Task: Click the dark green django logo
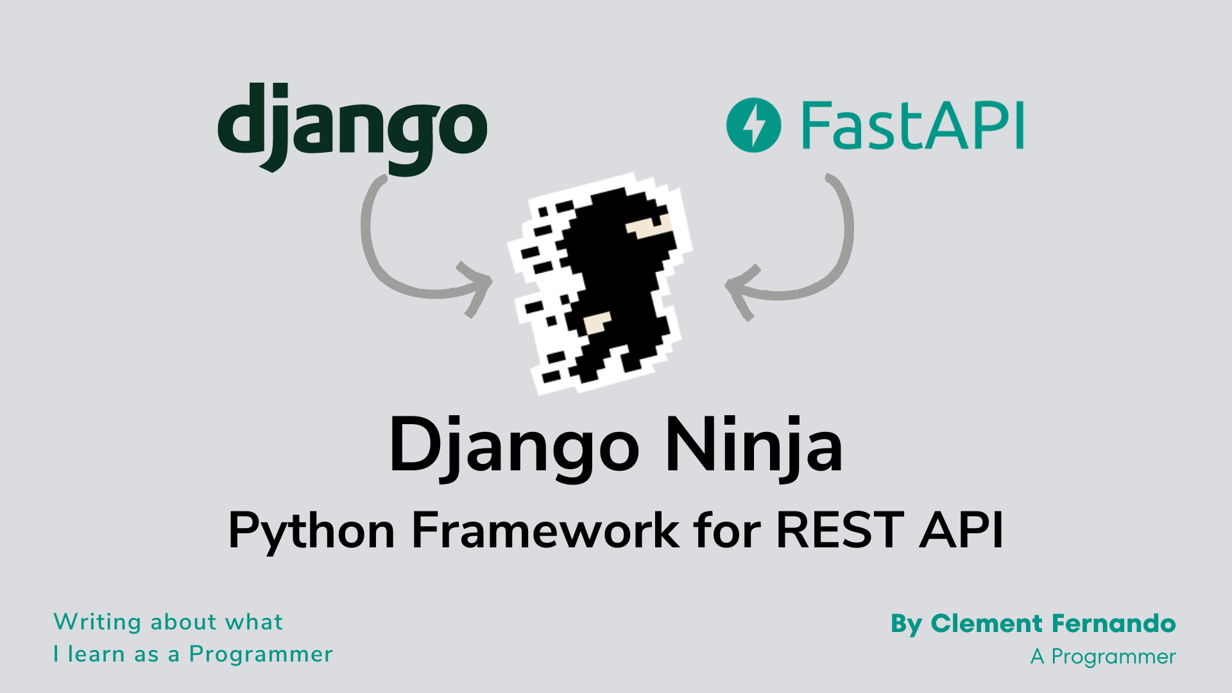pyautogui.click(x=352, y=128)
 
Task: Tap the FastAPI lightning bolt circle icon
pyautogui.click(x=753, y=125)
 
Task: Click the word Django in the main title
pyautogui.click(x=514, y=447)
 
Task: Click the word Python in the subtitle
pyautogui.click(x=311, y=531)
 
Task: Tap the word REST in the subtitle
pyautogui.click(x=841, y=530)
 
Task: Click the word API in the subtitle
pyautogui.click(x=961, y=530)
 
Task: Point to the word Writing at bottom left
pyautogui.click(x=98, y=622)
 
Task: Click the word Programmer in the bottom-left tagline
pyautogui.click(x=261, y=655)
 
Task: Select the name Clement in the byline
pyautogui.click(x=986, y=623)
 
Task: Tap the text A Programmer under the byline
pyautogui.click(x=1103, y=657)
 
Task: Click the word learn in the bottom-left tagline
pyautogui.click(x=96, y=654)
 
